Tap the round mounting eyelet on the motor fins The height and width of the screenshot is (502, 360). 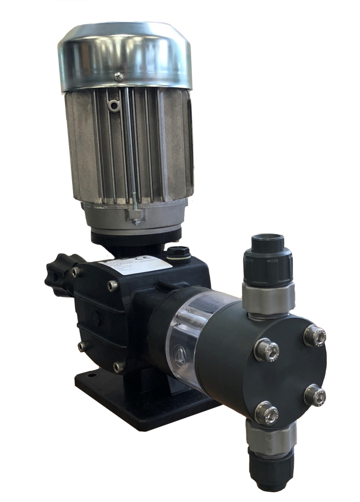[114, 105]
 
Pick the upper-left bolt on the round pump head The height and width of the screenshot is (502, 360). [266, 350]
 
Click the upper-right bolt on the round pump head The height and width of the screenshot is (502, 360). [314, 336]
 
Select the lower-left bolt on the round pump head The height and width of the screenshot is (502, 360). [266, 412]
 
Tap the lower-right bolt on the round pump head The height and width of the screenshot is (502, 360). [314, 395]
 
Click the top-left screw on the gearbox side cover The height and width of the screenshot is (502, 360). [75, 272]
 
